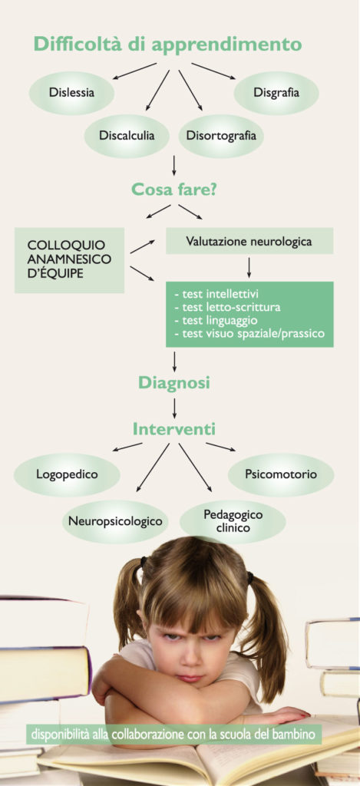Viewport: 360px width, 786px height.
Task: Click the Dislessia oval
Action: (x=71, y=93)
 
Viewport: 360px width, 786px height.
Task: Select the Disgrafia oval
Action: (x=276, y=93)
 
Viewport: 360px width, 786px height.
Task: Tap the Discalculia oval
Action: (x=127, y=136)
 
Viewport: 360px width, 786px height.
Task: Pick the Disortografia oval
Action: (x=221, y=136)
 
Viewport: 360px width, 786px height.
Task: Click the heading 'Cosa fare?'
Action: (x=174, y=190)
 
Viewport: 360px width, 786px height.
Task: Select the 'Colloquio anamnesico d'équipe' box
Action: (x=69, y=260)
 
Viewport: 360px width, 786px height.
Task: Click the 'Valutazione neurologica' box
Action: (x=249, y=241)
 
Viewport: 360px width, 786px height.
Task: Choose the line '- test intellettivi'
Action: (x=216, y=294)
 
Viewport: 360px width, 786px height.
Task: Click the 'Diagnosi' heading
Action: (x=174, y=383)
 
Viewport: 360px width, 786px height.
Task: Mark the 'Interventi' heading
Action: (x=174, y=430)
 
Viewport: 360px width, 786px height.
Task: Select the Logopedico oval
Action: (x=67, y=474)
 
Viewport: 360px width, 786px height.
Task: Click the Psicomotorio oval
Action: (x=281, y=474)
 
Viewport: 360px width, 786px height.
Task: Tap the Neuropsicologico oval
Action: (x=115, y=521)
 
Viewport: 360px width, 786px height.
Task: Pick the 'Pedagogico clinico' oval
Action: (x=233, y=521)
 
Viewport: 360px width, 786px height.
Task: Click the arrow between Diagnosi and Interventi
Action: (x=174, y=408)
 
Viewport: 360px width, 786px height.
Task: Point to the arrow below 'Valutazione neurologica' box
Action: (x=249, y=268)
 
